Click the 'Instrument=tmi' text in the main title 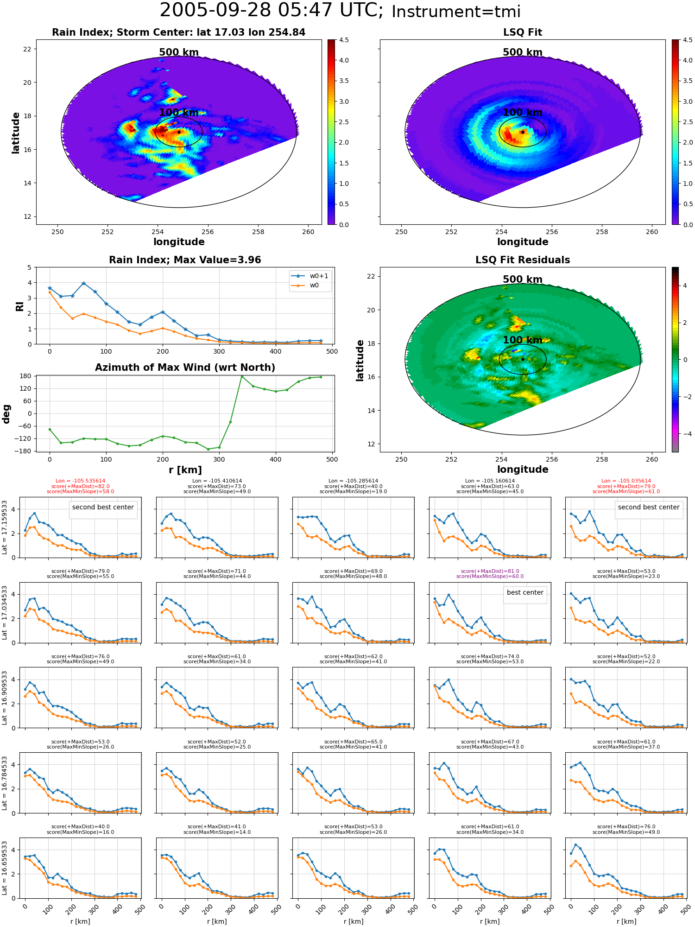(456, 12)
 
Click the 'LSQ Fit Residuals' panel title (523, 260)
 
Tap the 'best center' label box (525, 592)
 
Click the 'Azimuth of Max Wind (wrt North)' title (185, 368)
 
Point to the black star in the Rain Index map (179, 132)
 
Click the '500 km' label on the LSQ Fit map (523, 52)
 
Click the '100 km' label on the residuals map (523, 340)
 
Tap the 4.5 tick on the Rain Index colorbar (344, 40)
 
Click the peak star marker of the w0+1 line (83, 283)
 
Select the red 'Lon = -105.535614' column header (80, 481)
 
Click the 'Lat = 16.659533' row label (5, 868)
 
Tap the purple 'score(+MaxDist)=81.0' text (490, 571)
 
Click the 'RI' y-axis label (19, 306)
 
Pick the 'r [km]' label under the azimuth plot (185, 470)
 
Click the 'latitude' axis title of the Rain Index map (16, 133)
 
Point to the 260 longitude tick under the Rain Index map (308, 232)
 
